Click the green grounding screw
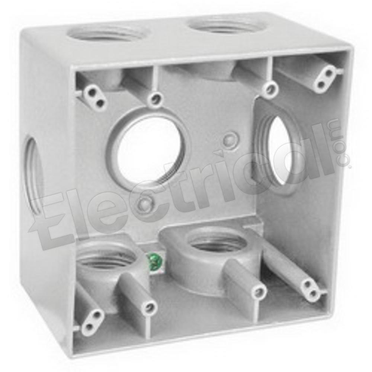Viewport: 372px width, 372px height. pyautogui.click(x=154, y=262)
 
